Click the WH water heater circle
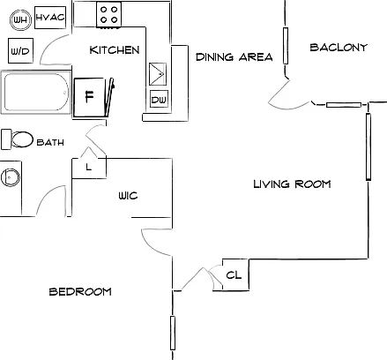pos(20,19)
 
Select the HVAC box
pos(50,18)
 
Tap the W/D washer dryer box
pos(20,50)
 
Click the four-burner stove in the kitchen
pos(108,15)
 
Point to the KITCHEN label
pos(115,50)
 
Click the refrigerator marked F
pos(89,97)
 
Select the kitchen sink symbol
pos(158,74)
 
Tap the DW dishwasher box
pos(159,99)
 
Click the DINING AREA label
pos(234,56)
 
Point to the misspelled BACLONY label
pos(339,48)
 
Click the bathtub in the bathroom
pos(36,92)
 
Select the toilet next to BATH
pos(17,139)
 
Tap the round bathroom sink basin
pos(11,177)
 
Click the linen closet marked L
pos(89,168)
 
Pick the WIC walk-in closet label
pos(128,196)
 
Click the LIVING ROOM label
pos(292,184)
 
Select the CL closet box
pos(235,275)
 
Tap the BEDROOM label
pos(80,292)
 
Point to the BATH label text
pos(50,142)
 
